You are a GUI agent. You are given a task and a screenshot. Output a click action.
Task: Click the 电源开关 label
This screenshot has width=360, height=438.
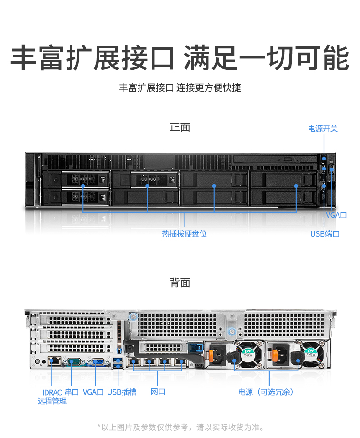point(323,129)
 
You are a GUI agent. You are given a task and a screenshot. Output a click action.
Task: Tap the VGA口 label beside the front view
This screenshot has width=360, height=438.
point(336,215)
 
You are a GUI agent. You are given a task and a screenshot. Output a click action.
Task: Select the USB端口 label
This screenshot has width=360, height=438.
point(325,234)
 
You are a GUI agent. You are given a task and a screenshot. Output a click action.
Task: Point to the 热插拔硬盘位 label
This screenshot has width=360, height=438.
point(184,233)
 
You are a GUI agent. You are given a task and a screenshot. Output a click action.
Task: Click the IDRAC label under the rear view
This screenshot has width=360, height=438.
point(52,392)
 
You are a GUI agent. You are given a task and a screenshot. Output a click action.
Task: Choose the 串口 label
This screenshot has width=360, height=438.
point(72,392)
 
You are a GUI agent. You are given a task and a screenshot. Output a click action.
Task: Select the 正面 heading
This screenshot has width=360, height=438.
point(180,127)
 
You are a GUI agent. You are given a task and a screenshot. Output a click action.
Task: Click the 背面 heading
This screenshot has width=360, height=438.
point(180,283)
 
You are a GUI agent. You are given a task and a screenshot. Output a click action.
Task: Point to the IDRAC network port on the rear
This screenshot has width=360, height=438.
point(55,361)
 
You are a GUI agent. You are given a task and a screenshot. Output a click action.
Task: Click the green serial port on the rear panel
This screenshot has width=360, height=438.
point(74,362)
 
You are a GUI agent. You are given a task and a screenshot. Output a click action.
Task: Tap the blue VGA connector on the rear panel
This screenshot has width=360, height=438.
point(98,362)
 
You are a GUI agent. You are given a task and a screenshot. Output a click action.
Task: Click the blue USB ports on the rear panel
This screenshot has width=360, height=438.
point(118,363)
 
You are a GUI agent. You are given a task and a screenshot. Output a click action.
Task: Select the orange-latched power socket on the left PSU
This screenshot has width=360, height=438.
point(217,355)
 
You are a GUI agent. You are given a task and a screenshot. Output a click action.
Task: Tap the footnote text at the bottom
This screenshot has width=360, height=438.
point(180,427)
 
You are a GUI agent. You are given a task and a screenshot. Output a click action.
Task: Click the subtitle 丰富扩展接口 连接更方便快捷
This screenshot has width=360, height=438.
point(180,88)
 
